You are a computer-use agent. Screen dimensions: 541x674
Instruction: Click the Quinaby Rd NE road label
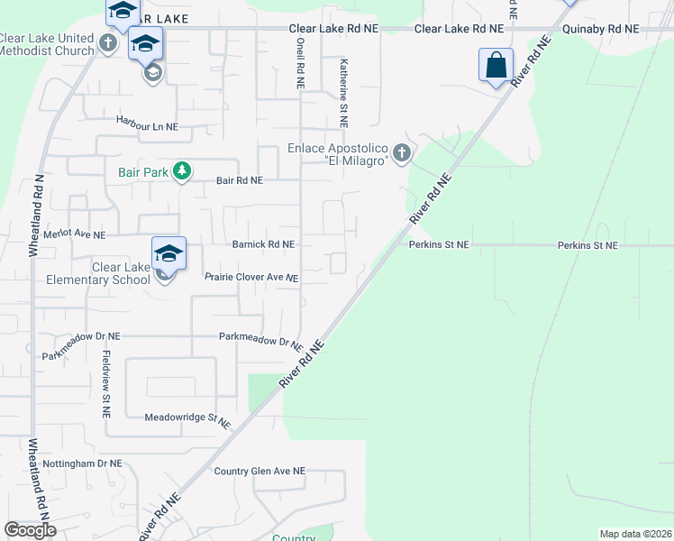600,29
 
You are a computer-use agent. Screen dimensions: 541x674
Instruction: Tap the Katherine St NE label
343,93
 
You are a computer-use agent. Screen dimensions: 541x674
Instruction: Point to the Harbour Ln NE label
147,127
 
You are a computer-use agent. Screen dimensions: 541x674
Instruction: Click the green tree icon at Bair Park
182,170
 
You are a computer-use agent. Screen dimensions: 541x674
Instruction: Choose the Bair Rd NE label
239,180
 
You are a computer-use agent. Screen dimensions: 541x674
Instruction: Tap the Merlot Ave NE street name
75,234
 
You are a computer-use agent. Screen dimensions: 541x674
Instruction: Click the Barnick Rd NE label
263,244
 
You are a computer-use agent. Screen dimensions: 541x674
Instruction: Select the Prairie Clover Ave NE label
251,278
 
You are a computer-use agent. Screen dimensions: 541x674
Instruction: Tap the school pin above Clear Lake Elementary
168,253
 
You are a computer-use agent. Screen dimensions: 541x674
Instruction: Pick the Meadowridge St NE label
187,418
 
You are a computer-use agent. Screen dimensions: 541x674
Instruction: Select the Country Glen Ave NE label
260,472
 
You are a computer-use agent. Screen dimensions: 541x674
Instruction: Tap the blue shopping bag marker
496,65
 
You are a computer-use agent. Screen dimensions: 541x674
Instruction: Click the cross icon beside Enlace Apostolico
402,152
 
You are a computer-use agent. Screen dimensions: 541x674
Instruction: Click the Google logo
30,530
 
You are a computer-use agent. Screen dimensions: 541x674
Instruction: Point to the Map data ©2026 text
635,534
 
